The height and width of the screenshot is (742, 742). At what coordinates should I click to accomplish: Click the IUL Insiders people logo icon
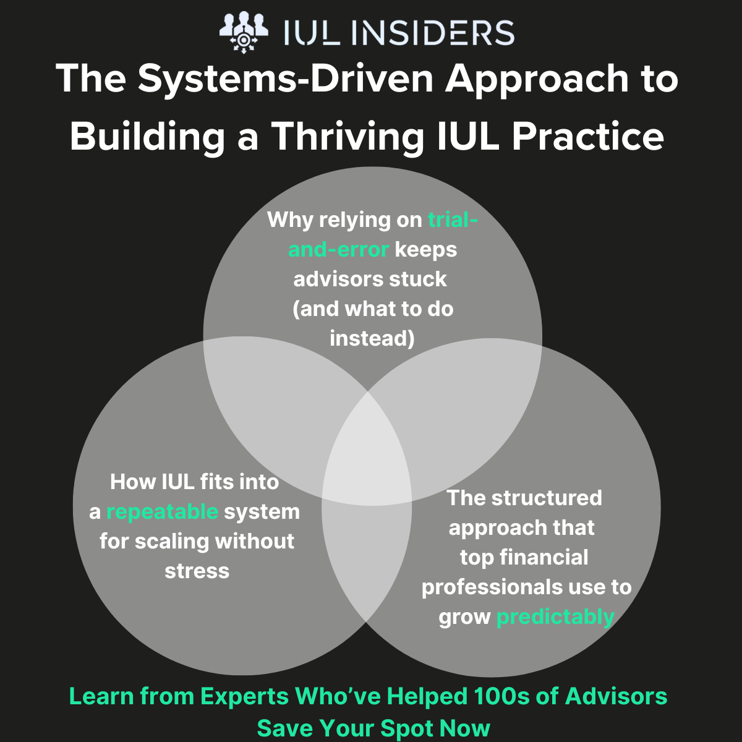[244, 32]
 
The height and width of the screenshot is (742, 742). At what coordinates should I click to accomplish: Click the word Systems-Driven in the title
[285, 79]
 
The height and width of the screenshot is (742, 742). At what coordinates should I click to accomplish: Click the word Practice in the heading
[588, 136]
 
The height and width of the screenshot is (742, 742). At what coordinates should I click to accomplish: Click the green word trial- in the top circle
[453, 220]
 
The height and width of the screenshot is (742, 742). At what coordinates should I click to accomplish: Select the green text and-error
[338, 250]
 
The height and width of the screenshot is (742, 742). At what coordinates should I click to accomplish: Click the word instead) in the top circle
[372, 338]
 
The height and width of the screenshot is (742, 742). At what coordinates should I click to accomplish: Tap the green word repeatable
[162, 513]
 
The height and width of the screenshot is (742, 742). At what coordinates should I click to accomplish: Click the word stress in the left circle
[197, 571]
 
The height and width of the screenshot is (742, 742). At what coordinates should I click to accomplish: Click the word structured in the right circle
[547, 498]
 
